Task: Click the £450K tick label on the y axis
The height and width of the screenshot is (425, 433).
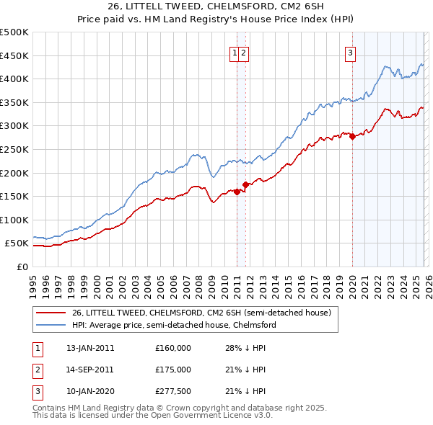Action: (x=14, y=55)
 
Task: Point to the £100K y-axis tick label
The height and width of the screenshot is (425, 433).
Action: (x=14, y=220)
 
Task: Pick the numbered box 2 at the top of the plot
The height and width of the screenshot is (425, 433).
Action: (x=244, y=52)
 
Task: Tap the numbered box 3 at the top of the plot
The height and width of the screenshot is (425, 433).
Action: (x=350, y=52)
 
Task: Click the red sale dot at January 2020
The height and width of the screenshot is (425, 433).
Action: (x=352, y=136)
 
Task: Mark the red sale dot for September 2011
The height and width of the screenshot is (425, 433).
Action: (x=246, y=184)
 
